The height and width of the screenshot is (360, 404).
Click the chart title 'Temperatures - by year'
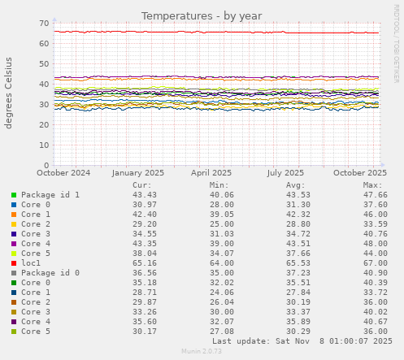pyautogui.click(x=202, y=15)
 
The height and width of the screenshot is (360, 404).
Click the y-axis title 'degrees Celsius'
pyautogui.click(x=10, y=93)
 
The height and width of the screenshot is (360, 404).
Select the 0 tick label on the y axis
pyautogui.click(x=46, y=165)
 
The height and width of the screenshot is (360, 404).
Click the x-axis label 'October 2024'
pyautogui.click(x=63, y=173)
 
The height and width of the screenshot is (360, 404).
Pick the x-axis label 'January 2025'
pyautogui.click(x=138, y=173)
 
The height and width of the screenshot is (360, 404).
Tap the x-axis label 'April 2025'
pyautogui.click(x=211, y=173)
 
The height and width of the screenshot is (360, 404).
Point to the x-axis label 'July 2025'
pyautogui.click(x=285, y=173)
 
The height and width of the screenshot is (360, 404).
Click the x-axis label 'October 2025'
pyautogui.click(x=360, y=173)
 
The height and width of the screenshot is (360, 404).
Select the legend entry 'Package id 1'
pyautogui.click(x=50, y=195)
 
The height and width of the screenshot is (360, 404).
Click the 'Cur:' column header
pyautogui.click(x=141, y=185)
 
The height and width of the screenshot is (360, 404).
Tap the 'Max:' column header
pyautogui.click(x=372, y=185)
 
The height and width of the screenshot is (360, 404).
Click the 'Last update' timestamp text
pyautogui.click(x=302, y=341)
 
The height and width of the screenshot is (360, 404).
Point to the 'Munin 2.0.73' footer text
pyautogui.click(x=201, y=352)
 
